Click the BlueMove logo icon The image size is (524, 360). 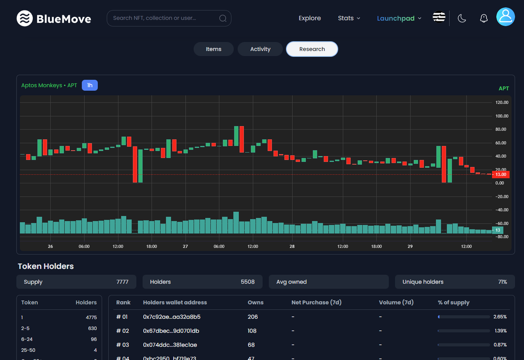[x=25, y=18]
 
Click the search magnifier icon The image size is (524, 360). [x=223, y=18]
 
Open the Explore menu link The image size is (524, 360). [x=310, y=18]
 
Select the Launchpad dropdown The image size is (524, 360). [x=399, y=18]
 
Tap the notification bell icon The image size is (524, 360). [x=483, y=18]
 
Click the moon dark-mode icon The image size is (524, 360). [x=462, y=18]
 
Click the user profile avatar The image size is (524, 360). [x=505, y=17]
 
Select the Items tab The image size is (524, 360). [x=214, y=49]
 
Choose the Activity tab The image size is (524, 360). [x=260, y=49]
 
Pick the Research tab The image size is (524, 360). [x=312, y=49]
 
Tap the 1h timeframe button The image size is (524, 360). [x=90, y=85]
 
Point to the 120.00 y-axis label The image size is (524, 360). [x=502, y=103]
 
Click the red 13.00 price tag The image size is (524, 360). [x=500, y=175]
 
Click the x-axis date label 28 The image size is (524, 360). [x=292, y=247]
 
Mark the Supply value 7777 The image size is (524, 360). [x=122, y=282]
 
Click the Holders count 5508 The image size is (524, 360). [x=248, y=282]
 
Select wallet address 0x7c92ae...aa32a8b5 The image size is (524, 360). [x=172, y=317]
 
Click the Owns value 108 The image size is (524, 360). [x=252, y=331]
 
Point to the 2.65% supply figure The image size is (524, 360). [x=500, y=317]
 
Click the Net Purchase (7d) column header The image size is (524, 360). [x=317, y=302]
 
